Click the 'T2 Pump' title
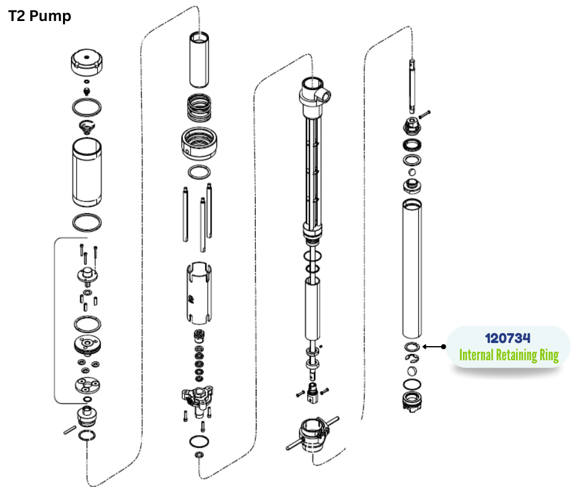pyautogui.click(x=40, y=16)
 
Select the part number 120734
pyautogui.click(x=507, y=338)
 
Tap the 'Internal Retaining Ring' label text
pyautogui.click(x=509, y=355)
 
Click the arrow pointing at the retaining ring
pyautogui.click(x=434, y=347)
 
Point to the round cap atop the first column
pyautogui.click(x=87, y=62)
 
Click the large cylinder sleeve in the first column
pyautogui.click(x=87, y=172)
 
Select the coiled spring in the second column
pyautogui.click(x=200, y=108)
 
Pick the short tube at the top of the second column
pyautogui.click(x=199, y=60)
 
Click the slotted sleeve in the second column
pyautogui.click(x=199, y=293)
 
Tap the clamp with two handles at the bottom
pyautogui.click(x=313, y=434)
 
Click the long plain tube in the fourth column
pyautogui.click(x=412, y=269)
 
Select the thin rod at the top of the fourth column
pyautogui.click(x=412, y=87)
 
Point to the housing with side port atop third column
pyautogui.click(x=314, y=96)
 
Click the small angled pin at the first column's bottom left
pyautogui.click(x=70, y=430)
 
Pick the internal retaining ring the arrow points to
pyautogui.click(x=412, y=347)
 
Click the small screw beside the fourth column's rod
pyautogui.click(x=424, y=114)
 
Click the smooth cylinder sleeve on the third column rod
pyautogui.click(x=313, y=308)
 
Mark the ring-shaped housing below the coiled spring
pyautogui.click(x=200, y=144)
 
